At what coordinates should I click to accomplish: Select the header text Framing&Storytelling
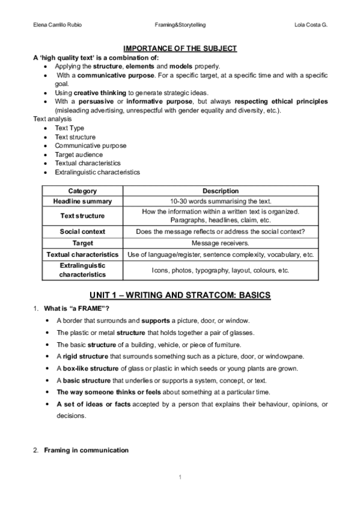pyautogui.click(x=180, y=25)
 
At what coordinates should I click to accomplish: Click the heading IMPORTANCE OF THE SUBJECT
pyautogui.click(x=180, y=49)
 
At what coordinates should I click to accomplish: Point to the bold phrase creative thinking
pyautogui.click(x=100, y=93)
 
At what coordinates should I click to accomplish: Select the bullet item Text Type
pyautogui.click(x=70, y=128)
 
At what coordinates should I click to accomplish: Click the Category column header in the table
pyautogui.click(x=82, y=191)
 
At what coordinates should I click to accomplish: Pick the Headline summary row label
pyautogui.click(x=82, y=201)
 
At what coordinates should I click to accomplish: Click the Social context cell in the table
pyautogui.click(x=82, y=232)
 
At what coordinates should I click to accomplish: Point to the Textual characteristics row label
pyautogui.click(x=82, y=255)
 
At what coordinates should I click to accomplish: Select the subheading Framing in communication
pyautogui.click(x=86, y=450)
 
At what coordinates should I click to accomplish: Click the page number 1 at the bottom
pyautogui.click(x=180, y=478)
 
